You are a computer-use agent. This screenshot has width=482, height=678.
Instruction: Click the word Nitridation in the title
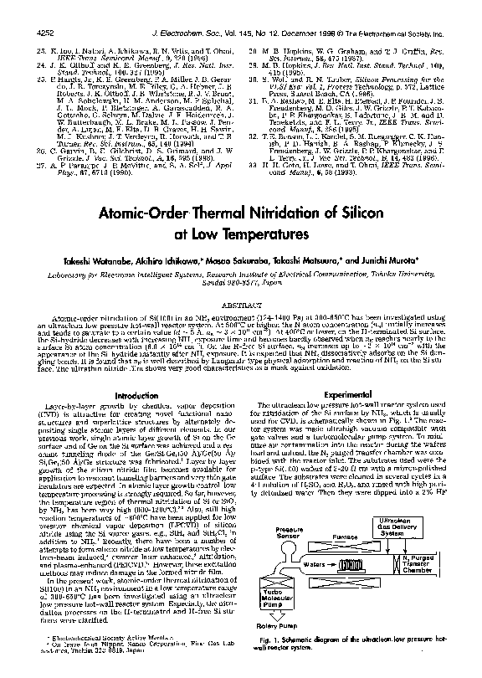(x=279, y=215)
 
